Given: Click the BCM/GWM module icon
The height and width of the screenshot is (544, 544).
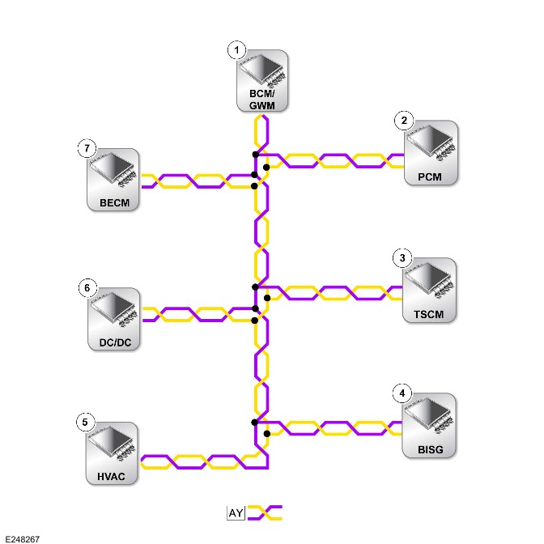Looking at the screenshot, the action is (262, 81).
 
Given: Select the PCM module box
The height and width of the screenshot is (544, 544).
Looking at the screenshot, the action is (431, 153).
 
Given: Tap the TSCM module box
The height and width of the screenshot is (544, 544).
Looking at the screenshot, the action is (429, 290).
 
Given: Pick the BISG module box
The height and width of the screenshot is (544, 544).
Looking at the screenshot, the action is (429, 425).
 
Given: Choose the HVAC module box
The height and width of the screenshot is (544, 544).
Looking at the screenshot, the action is (112, 453).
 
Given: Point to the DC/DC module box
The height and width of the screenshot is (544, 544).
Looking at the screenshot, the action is (114, 319).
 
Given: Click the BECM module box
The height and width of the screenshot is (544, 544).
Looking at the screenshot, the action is (113, 180).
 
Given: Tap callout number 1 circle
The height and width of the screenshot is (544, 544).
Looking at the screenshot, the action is (236, 50).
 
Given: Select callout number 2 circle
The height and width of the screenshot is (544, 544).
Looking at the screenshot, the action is (404, 121).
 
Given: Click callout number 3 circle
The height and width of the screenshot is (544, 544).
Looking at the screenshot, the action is (402, 258).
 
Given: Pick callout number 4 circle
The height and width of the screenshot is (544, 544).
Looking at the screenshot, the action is (402, 393).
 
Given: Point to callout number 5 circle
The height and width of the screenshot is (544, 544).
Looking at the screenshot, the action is (85, 423).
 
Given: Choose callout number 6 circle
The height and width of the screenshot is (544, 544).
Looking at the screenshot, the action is (87, 288).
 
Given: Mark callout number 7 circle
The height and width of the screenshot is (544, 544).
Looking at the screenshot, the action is (87, 148).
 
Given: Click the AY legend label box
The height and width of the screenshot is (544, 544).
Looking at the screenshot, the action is (236, 512).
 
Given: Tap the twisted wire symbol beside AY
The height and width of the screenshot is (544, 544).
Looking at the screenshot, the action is (265, 512).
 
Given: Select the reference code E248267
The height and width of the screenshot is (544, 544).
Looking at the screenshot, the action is (23, 539).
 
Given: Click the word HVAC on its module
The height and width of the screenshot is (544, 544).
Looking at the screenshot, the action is (111, 477).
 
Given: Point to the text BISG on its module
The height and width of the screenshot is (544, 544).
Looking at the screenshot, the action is (431, 449).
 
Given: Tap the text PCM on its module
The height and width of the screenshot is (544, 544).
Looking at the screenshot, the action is (430, 177).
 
